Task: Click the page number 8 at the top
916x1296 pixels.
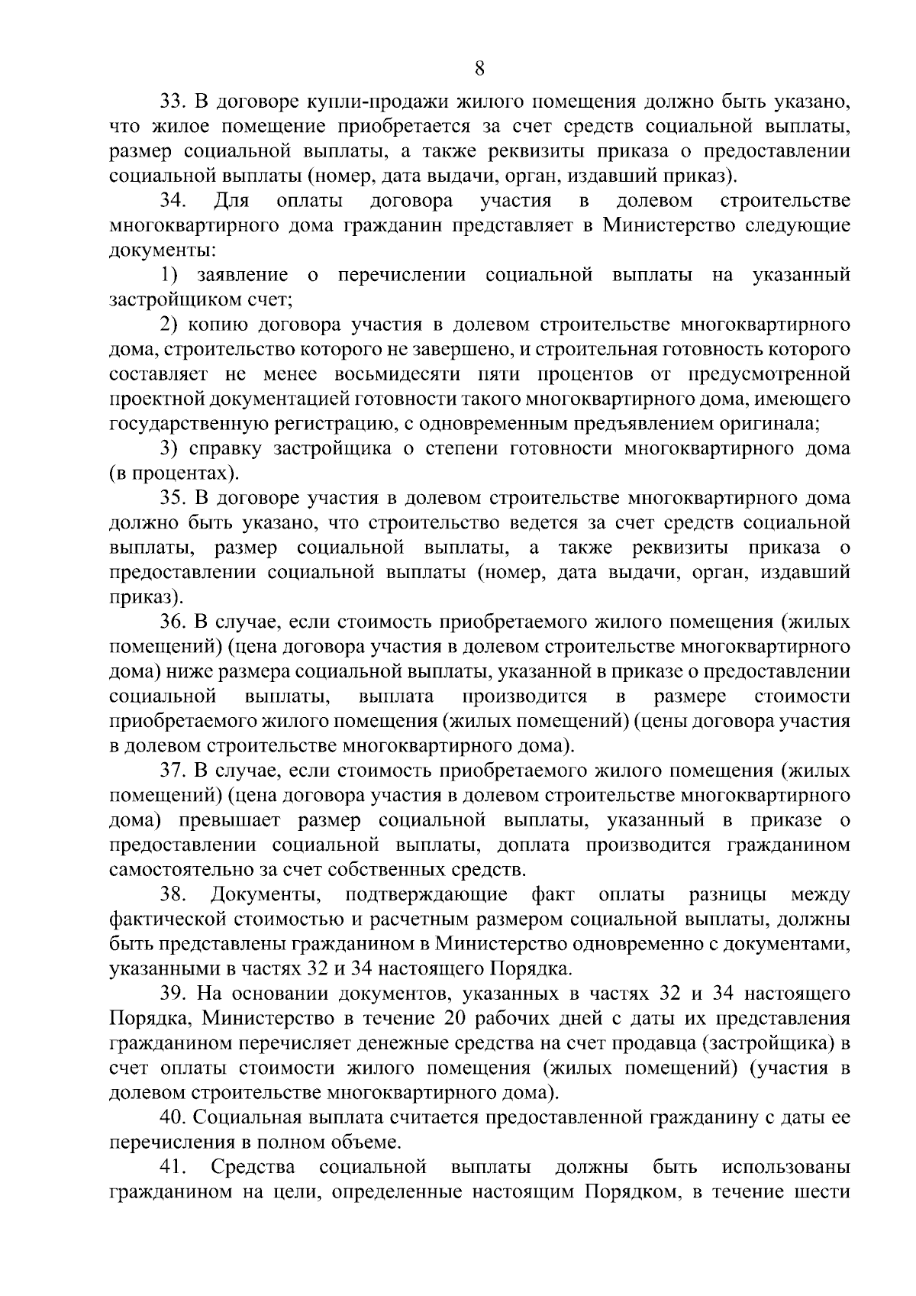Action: coord(479,68)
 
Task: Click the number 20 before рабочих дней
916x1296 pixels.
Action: coord(450,1018)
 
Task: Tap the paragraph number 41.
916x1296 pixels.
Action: coord(172,1167)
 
